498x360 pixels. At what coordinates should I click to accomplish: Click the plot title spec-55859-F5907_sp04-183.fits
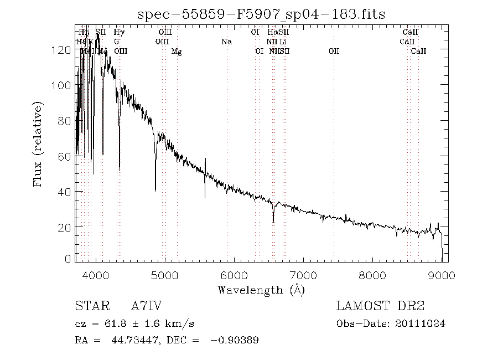point(261,13)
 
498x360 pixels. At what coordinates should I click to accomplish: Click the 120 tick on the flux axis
point(65,50)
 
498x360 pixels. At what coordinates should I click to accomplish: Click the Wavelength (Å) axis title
point(261,290)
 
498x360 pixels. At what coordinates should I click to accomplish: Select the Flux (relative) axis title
point(38,143)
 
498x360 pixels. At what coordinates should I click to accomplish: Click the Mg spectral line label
point(177,52)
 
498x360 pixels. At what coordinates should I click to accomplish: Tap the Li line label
point(282,42)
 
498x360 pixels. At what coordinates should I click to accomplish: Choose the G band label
point(117,42)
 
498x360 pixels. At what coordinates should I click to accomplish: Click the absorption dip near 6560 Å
point(273,220)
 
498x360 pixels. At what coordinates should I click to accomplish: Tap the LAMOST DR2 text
point(380,306)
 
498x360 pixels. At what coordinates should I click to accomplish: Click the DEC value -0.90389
point(235,340)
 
